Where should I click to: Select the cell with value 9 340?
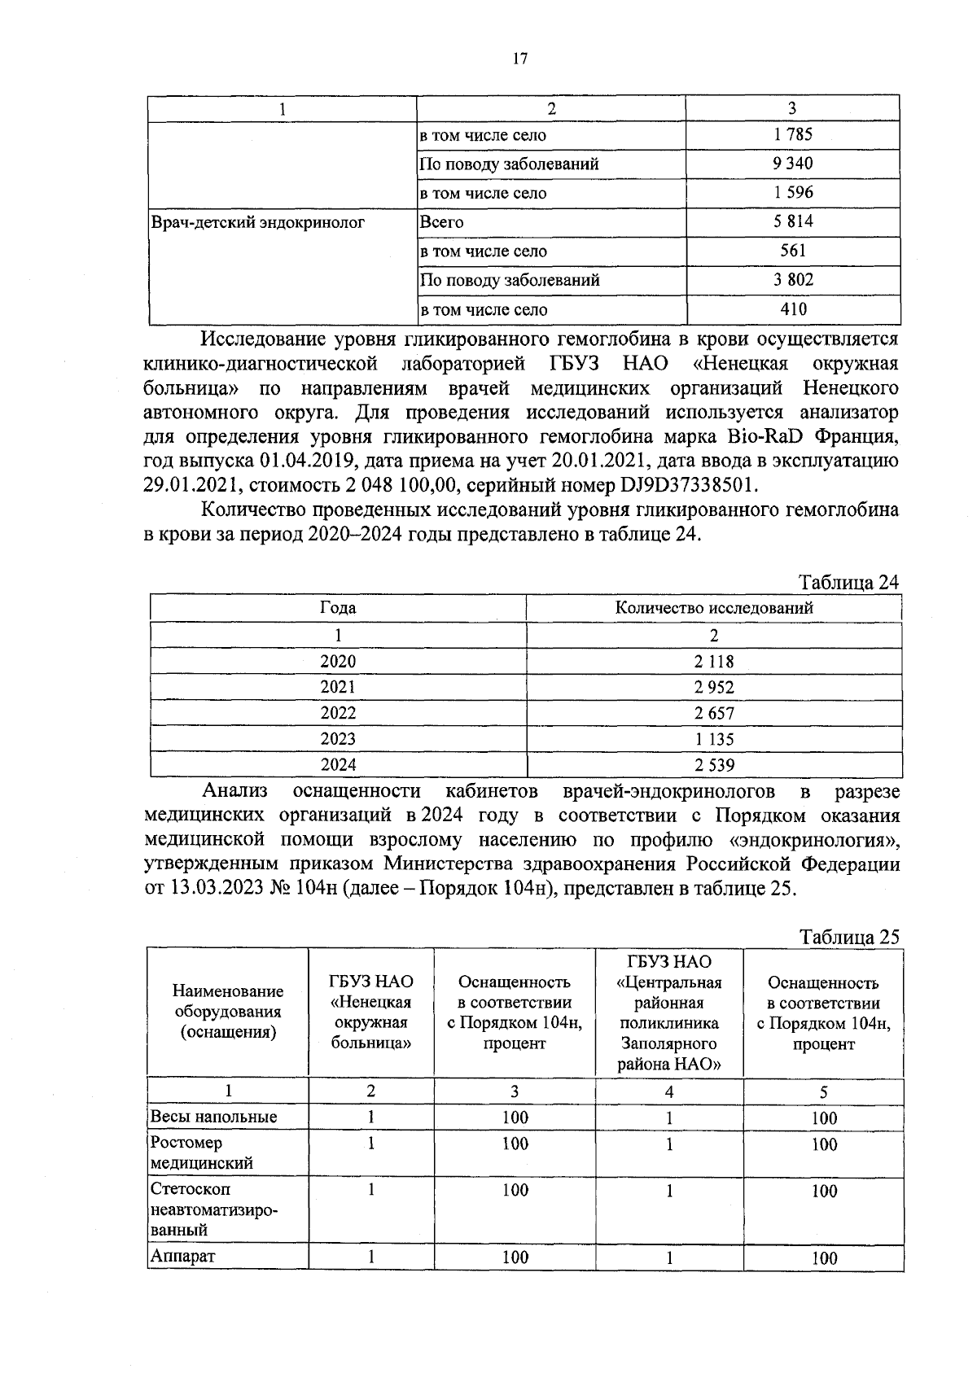point(792,164)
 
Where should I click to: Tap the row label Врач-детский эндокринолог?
point(258,222)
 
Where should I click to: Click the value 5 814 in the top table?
point(792,221)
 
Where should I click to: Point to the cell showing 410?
point(792,309)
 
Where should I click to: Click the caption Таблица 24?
point(849,584)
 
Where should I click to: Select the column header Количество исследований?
point(713,608)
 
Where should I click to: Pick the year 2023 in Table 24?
point(338,739)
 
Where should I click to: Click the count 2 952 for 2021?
point(713,688)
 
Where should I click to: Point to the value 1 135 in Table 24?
point(713,739)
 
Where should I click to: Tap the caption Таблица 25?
point(849,937)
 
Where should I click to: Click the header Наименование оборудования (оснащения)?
point(228,1012)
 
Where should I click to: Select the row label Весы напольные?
point(213,1117)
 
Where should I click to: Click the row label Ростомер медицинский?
point(202,1153)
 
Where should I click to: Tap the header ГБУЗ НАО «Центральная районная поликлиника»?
point(668,1012)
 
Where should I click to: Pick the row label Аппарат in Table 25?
point(182,1256)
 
